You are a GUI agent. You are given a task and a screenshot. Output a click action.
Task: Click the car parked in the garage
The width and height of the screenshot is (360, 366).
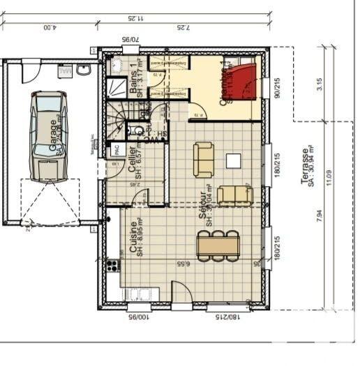tap(48, 135)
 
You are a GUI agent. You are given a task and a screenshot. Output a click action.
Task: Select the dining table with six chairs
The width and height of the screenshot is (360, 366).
tap(218, 246)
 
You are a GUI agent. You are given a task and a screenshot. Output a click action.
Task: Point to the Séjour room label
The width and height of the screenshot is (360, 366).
tap(203, 208)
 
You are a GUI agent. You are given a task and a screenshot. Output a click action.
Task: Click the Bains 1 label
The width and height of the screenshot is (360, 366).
tap(134, 79)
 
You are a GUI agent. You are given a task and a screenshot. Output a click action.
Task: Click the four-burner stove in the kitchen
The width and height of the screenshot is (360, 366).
tap(112, 265)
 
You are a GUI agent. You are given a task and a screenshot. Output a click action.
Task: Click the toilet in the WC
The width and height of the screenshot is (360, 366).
tap(137, 130)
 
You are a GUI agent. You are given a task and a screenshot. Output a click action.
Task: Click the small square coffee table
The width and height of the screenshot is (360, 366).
tap(233, 161)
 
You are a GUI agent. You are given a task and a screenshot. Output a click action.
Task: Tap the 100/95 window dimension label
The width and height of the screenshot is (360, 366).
tap(139, 317)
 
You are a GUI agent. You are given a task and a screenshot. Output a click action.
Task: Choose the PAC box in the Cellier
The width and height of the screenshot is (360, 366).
tap(114, 148)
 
